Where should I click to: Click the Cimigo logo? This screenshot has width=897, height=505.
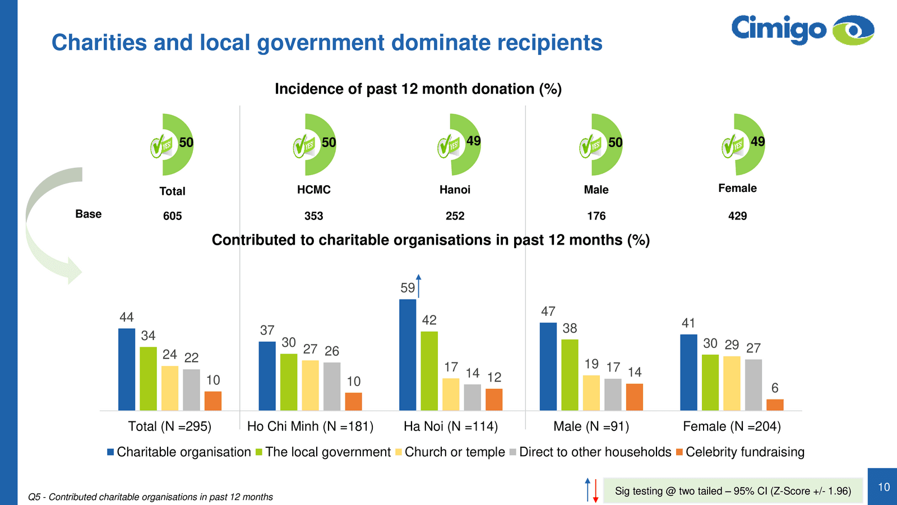tap(802, 30)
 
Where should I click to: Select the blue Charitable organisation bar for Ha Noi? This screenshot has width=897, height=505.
tap(408, 355)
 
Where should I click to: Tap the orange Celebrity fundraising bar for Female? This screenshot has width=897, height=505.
tap(775, 405)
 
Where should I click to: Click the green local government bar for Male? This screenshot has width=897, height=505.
tap(570, 375)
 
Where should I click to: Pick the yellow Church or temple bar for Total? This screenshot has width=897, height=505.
tap(170, 388)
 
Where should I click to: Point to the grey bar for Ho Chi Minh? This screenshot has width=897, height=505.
tap(332, 386)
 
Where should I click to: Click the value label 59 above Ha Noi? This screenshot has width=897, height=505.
tap(408, 288)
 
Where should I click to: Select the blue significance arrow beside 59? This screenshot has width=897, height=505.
tap(418, 286)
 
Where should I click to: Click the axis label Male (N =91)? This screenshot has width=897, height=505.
tap(591, 426)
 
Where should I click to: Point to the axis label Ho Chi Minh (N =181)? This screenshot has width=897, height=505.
tap(310, 426)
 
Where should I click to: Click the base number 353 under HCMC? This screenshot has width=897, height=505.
tap(313, 216)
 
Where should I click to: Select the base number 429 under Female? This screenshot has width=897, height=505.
tap(737, 216)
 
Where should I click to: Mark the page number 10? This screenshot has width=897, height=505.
tap(884, 487)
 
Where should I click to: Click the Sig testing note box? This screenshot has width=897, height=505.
tap(733, 491)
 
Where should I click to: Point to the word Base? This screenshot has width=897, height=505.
tap(89, 214)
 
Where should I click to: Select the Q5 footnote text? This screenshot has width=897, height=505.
tap(150, 497)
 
